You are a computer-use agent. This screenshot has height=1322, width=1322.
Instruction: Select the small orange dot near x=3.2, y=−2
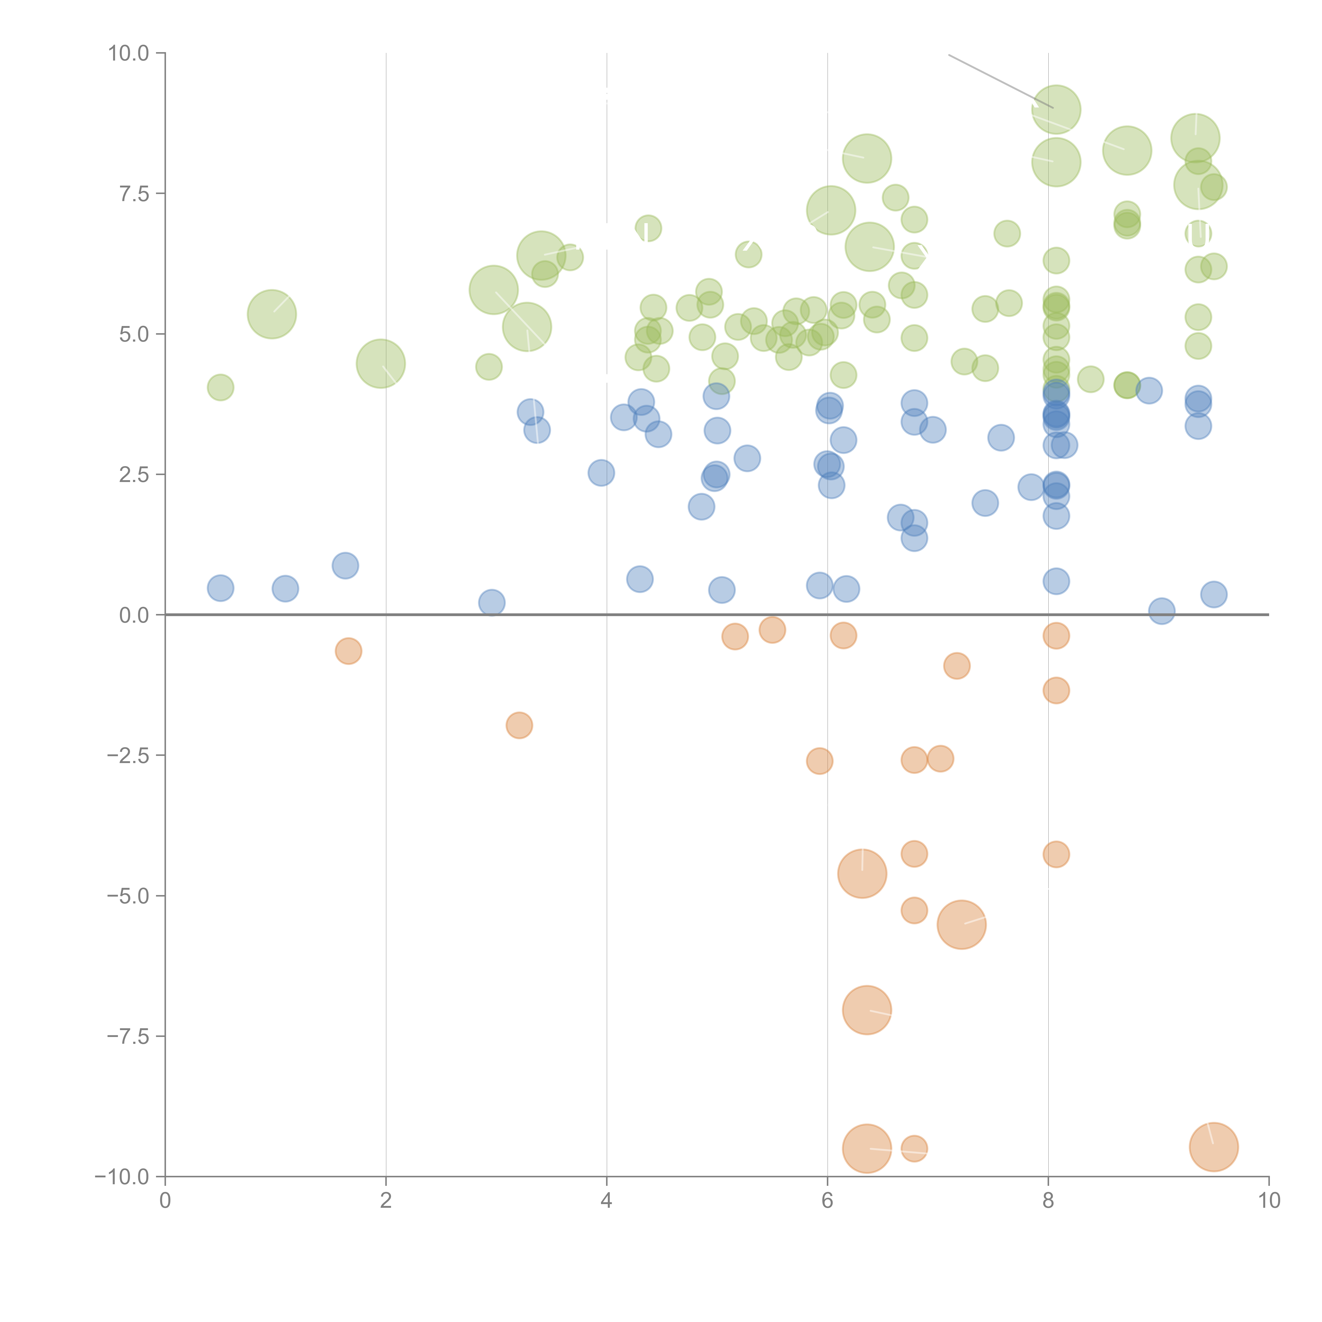point(519,725)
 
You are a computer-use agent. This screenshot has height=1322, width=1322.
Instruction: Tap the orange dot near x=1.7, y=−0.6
point(348,651)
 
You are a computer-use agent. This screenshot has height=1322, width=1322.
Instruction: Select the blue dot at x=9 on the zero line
point(1161,611)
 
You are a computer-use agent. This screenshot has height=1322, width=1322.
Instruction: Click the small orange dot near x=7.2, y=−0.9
point(957,665)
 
